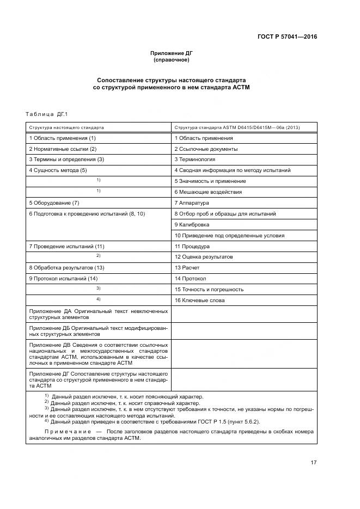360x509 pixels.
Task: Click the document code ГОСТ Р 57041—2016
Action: tap(287, 37)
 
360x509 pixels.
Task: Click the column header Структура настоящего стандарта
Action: tap(66, 127)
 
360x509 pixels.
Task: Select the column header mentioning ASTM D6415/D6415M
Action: tap(236, 127)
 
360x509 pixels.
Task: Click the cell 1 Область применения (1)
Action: tap(62, 138)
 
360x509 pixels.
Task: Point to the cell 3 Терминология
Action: tap(194, 160)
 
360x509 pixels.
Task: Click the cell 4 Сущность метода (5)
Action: tap(58, 170)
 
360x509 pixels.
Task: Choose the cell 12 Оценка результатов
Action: tap(203, 256)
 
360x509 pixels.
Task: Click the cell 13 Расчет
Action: tap(187, 267)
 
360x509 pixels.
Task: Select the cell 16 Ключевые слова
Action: tap(199, 300)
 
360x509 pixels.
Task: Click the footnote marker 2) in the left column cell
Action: tap(99, 256)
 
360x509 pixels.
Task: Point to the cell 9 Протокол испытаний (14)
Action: tap(63, 278)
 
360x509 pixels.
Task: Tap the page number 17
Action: tap(313, 463)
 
